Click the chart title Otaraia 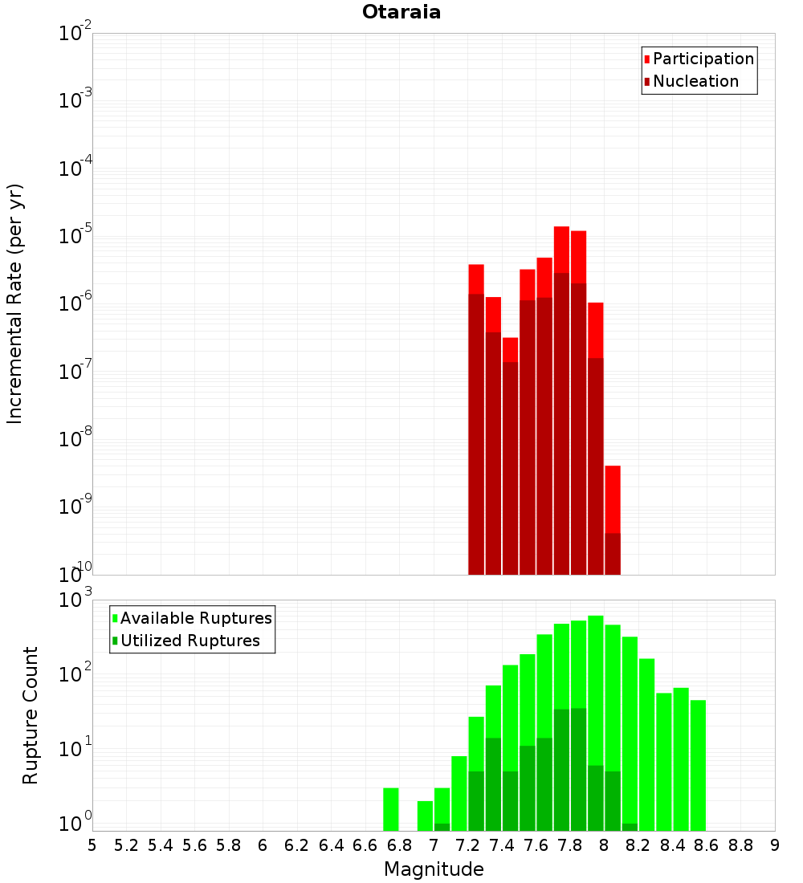tap(401, 12)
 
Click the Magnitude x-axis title tap(434, 869)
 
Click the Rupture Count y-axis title tap(31, 715)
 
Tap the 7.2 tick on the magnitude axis tap(467, 844)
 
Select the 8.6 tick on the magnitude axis tap(707, 844)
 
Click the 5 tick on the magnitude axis tap(92, 844)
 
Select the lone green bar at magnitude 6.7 tap(391, 809)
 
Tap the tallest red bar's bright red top tap(561, 249)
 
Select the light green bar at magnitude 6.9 tap(425, 816)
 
